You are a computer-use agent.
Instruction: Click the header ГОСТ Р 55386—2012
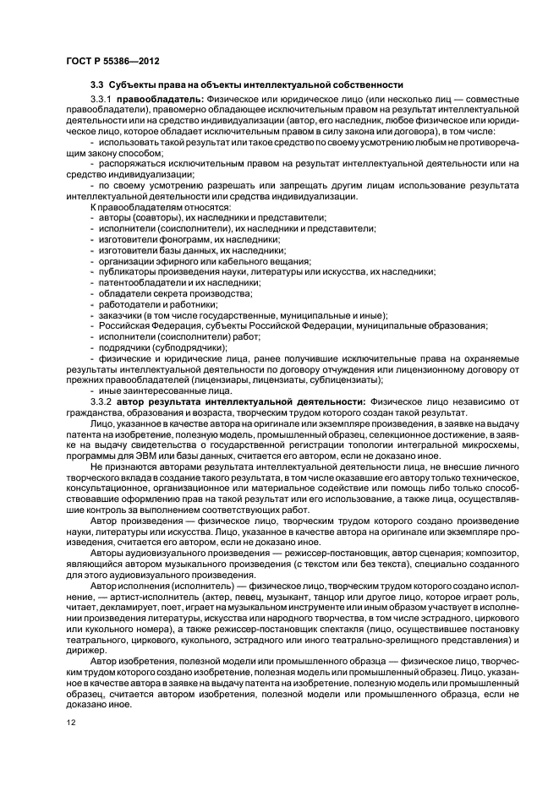[x=113, y=62]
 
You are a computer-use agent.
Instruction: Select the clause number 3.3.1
[x=102, y=99]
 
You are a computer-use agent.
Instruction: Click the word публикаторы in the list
[x=123, y=271]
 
